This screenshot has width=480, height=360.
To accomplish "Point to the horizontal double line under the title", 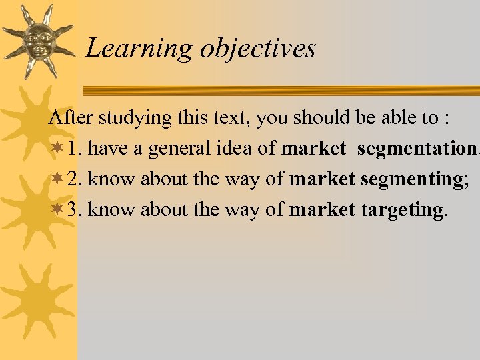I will (x=280, y=90).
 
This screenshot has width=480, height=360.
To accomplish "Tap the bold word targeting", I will (x=401, y=211).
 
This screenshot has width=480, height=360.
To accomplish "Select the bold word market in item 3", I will (x=322, y=209).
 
